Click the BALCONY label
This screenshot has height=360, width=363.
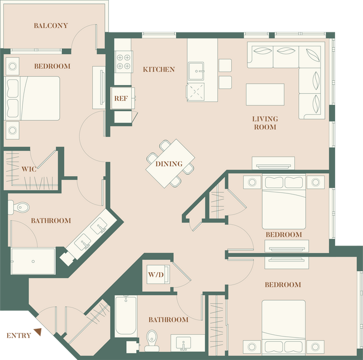[51, 26]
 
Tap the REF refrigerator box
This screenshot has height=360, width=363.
[121, 98]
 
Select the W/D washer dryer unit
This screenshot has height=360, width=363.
[155, 275]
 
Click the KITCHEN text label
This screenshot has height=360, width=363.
[159, 70]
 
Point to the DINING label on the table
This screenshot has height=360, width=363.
[169, 164]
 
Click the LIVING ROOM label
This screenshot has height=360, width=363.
[265, 123]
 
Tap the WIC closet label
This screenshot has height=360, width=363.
[29, 168]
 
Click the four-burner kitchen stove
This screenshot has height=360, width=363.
[123, 61]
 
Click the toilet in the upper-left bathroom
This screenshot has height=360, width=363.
[21, 207]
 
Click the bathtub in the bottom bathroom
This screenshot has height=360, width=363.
[126, 316]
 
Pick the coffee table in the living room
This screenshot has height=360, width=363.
[265, 95]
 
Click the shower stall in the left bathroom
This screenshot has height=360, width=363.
[34, 260]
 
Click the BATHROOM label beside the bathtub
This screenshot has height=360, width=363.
[168, 320]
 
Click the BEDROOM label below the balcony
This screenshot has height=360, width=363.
[52, 67]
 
